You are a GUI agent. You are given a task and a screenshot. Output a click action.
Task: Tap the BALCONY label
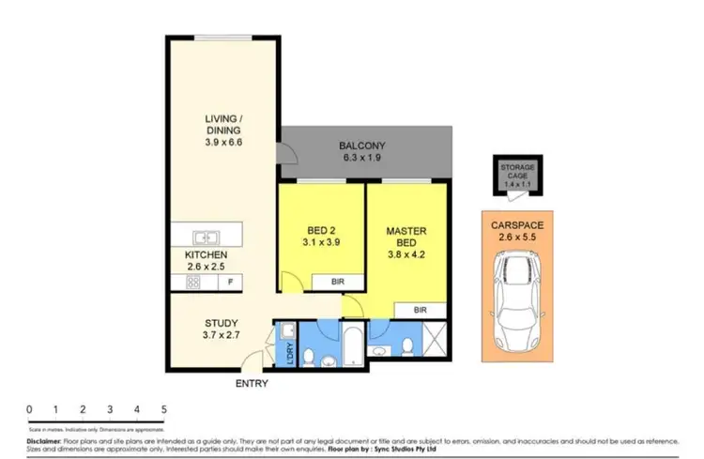click(x=363, y=146)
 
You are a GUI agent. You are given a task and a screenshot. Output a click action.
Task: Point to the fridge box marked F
click(x=230, y=281)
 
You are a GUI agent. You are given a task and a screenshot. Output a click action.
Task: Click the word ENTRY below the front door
click(x=253, y=383)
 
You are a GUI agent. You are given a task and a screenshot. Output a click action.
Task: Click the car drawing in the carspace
click(x=513, y=304)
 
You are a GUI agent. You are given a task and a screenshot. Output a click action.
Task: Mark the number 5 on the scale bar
click(x=164, y=410)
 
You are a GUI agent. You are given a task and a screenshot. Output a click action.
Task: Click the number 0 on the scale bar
click(x=30, y=410)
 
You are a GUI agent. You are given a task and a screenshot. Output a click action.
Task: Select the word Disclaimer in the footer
click(x=43, y=439)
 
